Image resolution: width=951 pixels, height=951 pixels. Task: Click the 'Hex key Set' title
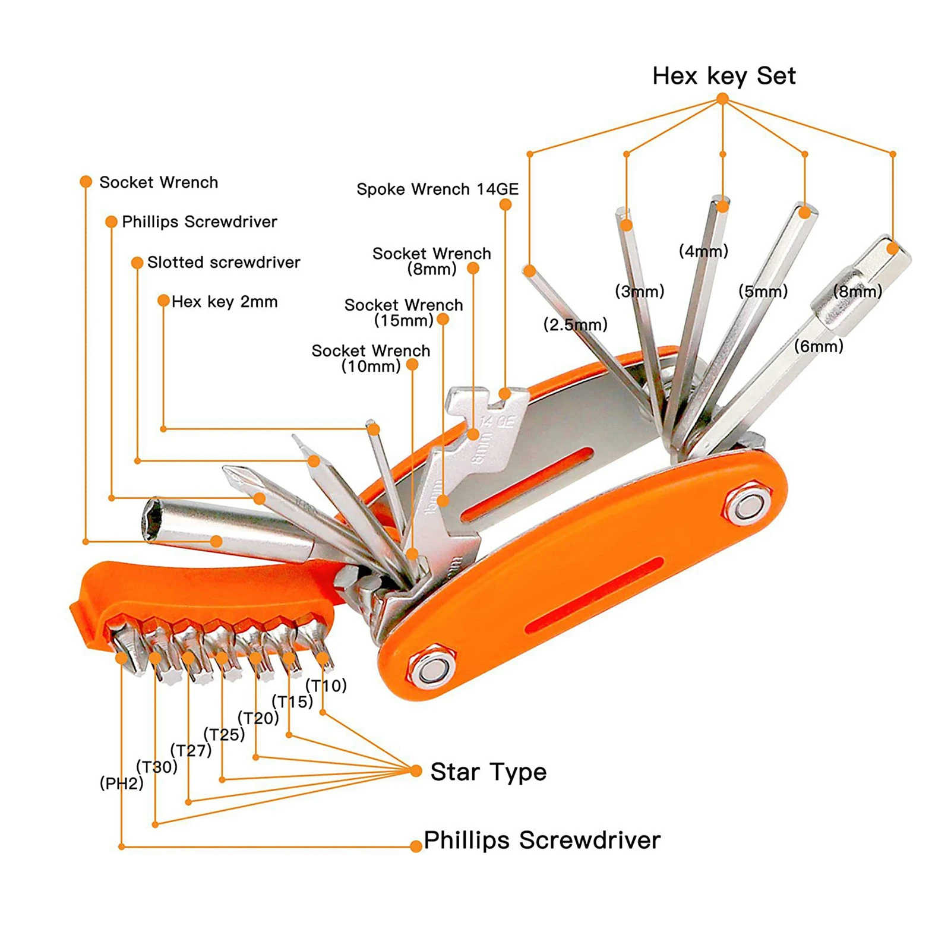[x=723, y=76]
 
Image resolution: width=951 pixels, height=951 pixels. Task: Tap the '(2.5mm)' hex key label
[x=575, y=324]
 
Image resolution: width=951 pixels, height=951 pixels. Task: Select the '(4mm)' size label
[x=703, y=251]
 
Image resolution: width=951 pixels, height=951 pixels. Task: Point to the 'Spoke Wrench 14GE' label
[x=437, y=189]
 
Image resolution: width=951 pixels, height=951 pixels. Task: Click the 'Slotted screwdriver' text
[x=223, y=262]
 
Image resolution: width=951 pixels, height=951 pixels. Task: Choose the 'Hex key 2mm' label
[x=225, y=302]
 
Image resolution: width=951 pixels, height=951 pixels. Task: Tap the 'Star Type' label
[x=488, y=772]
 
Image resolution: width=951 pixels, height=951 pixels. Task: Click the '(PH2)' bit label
[x=121, y=783]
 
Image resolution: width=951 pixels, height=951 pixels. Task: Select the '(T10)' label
[x=326, y=685]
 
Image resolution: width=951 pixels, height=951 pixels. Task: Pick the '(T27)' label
[x=191, y=750]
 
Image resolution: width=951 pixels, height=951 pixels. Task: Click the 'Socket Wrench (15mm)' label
[x=404, y=312]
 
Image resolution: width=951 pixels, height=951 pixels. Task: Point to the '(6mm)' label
[x=819, y=346]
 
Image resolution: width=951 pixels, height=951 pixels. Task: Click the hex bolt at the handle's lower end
[x=431, y=668]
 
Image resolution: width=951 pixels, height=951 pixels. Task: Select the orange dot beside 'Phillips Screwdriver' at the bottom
[x=416, y=846]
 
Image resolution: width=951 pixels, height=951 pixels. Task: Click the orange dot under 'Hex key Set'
[x=722, y=99]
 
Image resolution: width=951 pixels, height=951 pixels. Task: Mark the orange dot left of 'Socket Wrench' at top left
[x=86, y=182]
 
